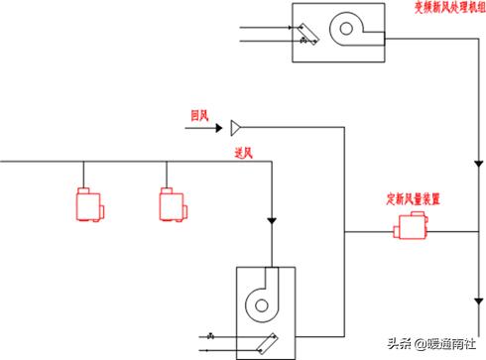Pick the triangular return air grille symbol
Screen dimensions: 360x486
click(x=235, y=127)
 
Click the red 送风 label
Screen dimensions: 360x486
click(x=245, y=153)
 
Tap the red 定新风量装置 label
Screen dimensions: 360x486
click(x=414, y=197)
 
